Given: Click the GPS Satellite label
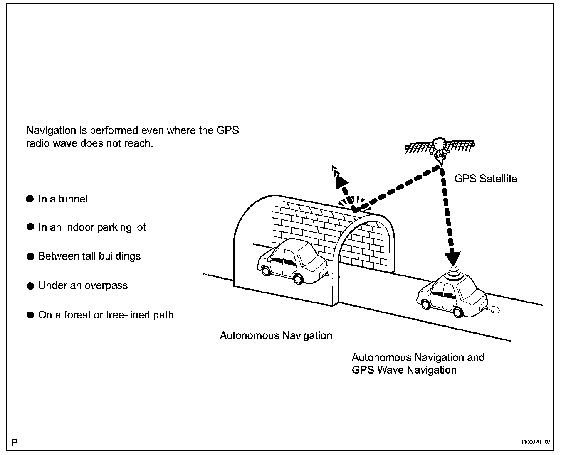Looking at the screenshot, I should click(485, 179).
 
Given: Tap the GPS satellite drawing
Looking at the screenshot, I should click(440, 146).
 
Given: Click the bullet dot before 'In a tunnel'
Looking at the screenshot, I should click(30, 199).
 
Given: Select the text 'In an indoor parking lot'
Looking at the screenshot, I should click(92, 227).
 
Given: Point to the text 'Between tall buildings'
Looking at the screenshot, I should click(89, 256).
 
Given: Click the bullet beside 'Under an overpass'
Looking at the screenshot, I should click(30, 286).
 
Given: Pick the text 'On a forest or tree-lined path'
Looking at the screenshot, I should click(106, 315).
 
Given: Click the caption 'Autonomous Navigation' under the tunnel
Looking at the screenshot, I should click(275, 335).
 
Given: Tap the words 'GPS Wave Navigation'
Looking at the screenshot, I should click(404, 370).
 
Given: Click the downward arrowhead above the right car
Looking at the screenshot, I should click(452, 256).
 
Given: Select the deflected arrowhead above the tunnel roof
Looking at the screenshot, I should click(341, 181).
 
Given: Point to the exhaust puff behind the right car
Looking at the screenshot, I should click(495, 309).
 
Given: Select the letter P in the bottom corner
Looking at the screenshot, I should click(14, 442).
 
